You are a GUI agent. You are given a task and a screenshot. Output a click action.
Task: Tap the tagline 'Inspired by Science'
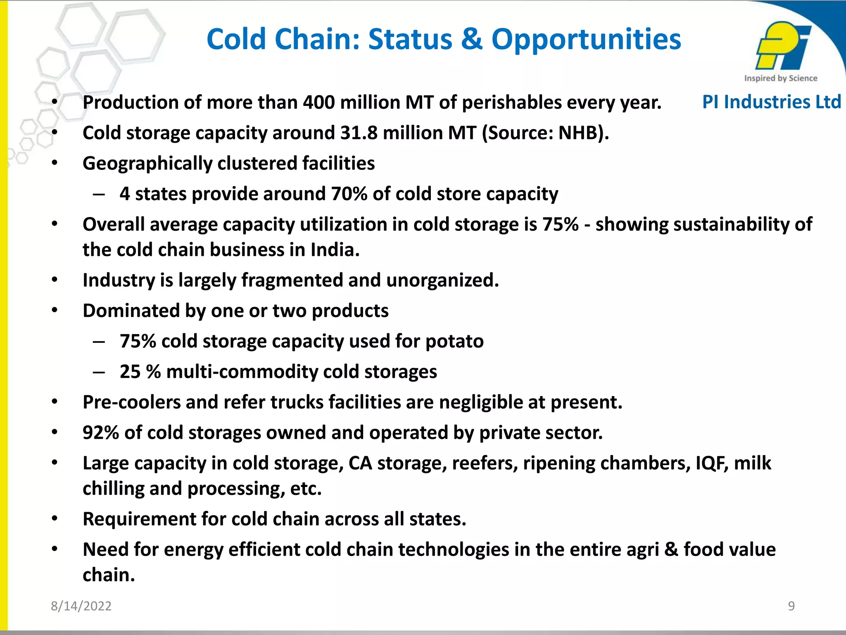pos(780,78)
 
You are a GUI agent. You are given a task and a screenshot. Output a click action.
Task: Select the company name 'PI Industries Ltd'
pos(771,102)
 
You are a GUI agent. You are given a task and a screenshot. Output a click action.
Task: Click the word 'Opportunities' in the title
pos(586,40)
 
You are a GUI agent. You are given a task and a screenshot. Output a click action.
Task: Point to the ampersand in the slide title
pos(472,40)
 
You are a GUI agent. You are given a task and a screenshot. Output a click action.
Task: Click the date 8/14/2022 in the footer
pos(81,606)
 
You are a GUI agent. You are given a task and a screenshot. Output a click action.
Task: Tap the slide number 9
pos(791,606)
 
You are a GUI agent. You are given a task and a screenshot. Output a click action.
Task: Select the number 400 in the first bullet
pos(318,102)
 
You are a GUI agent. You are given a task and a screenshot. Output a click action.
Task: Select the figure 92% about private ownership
pos(101,433)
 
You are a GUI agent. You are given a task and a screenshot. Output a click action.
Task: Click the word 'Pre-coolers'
pos(131,402)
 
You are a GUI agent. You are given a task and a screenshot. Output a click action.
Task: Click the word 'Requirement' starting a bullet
pos(140,519)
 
